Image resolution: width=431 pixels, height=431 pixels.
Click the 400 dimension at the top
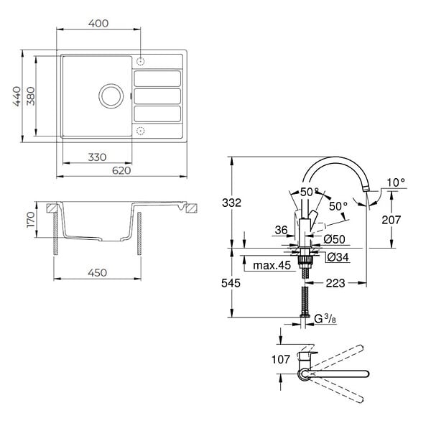click(98, 24)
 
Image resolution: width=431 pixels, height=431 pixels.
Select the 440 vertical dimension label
click(17, 96)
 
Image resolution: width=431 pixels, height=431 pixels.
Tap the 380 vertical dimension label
click(31, 96)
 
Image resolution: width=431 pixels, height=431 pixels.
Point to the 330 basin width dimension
click(97, 157)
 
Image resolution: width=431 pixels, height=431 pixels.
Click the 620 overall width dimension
click(121, 170)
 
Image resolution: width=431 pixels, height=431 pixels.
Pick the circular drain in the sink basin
click(111, 96)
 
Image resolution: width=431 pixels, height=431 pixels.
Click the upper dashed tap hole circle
click(141, 61)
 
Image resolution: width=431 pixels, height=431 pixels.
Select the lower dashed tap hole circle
click(141, 131)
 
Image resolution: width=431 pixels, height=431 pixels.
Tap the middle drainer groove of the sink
click(157, 96)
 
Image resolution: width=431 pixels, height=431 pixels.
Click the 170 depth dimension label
click(31, 220)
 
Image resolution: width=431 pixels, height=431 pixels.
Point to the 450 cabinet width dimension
click(97, 273)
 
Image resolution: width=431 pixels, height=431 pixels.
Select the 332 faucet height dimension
click(231, 203)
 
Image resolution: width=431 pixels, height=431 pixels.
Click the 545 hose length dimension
click(231, 283)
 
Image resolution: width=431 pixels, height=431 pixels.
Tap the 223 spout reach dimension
click(335, 283)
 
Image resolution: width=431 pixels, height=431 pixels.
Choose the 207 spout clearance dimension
click(391, 220)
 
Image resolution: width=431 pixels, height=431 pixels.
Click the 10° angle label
click(396, 182)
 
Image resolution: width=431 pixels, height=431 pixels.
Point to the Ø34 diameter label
click(338, 257)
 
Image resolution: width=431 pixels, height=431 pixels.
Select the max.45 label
click(272, 265)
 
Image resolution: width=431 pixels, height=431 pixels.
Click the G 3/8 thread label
click(325, 319)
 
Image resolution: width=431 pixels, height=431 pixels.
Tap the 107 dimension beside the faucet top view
click(281, 359)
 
